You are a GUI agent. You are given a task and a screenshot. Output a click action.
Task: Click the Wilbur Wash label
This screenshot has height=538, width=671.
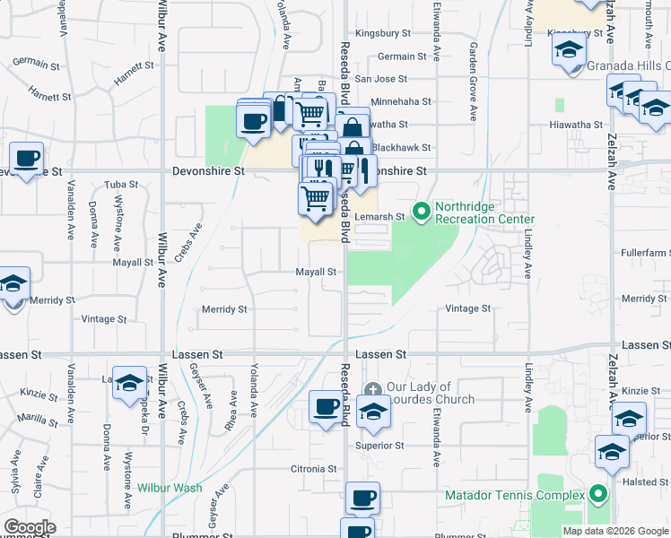170,489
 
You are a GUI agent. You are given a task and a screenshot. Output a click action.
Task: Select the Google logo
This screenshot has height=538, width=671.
29,527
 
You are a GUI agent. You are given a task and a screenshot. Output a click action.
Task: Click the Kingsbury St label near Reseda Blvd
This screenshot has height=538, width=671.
382,33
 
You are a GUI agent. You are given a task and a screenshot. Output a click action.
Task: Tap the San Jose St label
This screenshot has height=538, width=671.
381,79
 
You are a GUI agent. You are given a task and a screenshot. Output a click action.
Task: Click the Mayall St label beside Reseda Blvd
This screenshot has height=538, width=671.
317,272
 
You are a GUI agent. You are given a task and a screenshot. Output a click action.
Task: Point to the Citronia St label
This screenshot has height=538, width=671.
312,469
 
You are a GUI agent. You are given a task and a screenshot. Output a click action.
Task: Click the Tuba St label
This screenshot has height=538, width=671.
121,185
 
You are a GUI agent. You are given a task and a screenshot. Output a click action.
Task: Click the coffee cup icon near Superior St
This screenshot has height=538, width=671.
326,407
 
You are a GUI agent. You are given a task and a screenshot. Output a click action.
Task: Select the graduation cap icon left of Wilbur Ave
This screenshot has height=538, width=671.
129,383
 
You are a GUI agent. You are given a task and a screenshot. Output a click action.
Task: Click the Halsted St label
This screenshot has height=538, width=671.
640,482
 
